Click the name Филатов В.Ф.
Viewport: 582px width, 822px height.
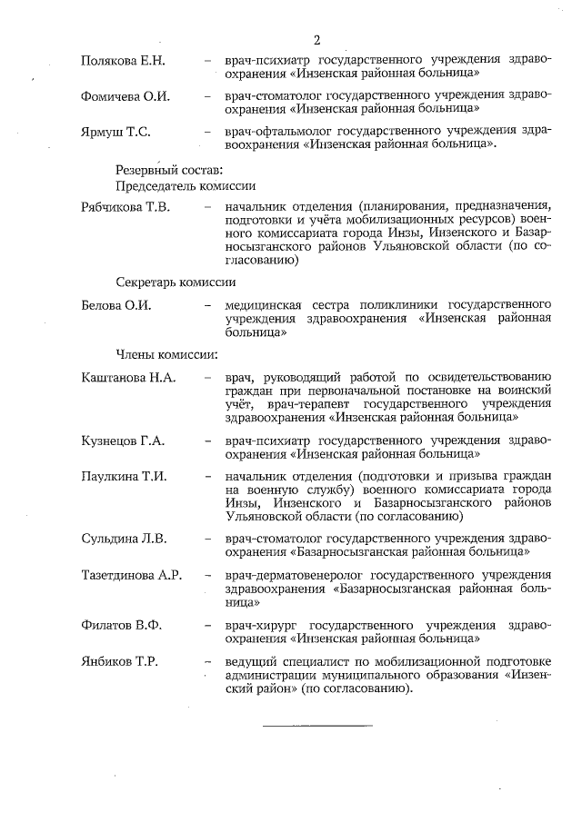pos(120,625)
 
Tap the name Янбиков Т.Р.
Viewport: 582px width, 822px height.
pos(120,661)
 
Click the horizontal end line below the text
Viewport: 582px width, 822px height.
pos(317,725)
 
